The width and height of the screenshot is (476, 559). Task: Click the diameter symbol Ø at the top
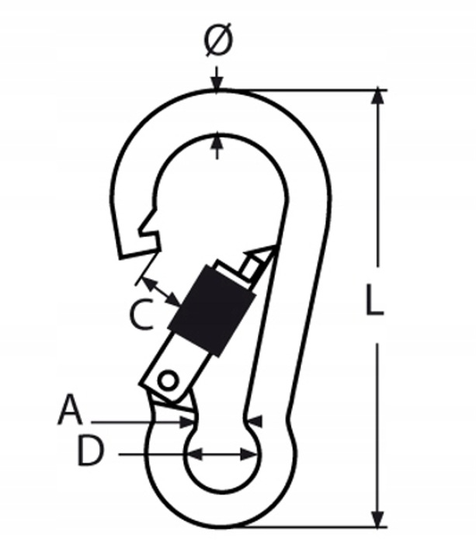tap(218, 40)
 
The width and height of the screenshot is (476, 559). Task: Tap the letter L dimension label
tap(375, 300)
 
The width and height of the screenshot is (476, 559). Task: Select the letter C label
tap(141, 314)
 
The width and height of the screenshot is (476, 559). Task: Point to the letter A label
tap(70, 409)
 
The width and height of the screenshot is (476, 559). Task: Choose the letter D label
tap(91, 451)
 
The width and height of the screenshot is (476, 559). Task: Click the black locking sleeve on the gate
tap(212, 310)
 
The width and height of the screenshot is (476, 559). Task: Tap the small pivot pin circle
tap(168, 381)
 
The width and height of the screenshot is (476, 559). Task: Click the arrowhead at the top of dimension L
tap(377, 96)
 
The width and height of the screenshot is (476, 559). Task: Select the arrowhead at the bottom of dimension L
tap(377, 519)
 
